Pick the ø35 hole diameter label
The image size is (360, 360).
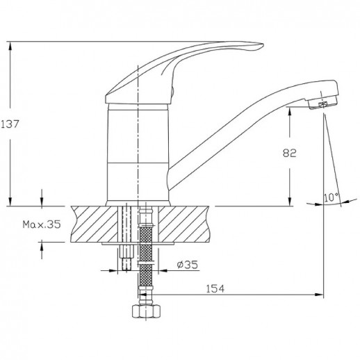186,263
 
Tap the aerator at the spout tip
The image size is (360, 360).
320,105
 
